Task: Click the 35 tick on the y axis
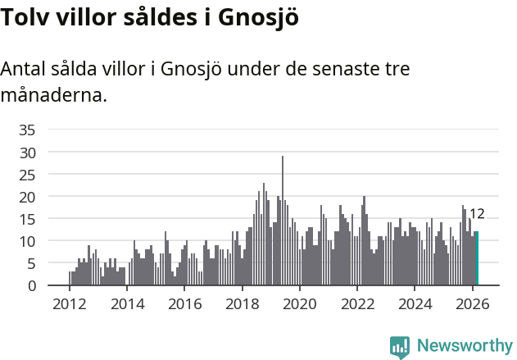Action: pos(27,130)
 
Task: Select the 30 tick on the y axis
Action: pos(27,152)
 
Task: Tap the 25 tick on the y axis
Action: pos(27,175)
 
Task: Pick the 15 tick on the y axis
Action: pos(27,219)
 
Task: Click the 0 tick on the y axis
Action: pos(31,286)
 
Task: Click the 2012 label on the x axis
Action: pos(69,303)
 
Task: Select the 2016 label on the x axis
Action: pos(184,303)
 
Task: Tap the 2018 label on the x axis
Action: pos(242,303)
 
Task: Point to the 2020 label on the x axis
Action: pos(300,303)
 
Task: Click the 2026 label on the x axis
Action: pos(473,303)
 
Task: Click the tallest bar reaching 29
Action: pos(283,221)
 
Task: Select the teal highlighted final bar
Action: pos(477,259)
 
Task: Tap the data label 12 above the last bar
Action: pos(477,214)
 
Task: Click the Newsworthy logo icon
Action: pos(400,346)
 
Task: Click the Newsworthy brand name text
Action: pos(464,346)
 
